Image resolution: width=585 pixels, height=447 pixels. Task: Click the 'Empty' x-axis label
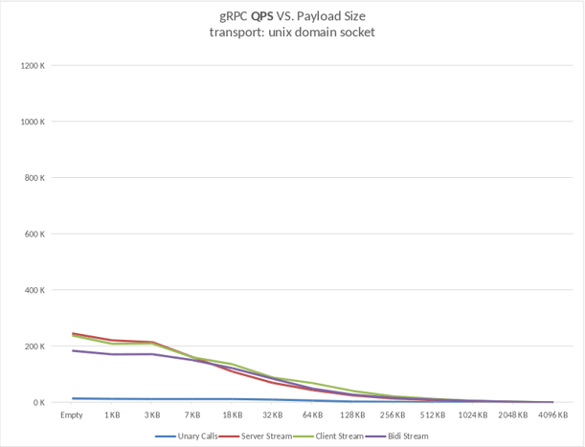[72, 415]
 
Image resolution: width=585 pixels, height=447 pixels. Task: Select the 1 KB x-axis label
[112, 415]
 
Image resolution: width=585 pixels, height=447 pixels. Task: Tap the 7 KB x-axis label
[191, 415]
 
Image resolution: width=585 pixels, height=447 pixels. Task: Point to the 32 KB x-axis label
[273, 415]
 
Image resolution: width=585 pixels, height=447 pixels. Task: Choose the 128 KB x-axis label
[352, 415]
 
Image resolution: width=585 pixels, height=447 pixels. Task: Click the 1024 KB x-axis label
[472, 415]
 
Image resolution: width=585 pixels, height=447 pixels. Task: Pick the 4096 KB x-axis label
[552, 415]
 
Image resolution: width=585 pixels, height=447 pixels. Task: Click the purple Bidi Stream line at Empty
[72, 350]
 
